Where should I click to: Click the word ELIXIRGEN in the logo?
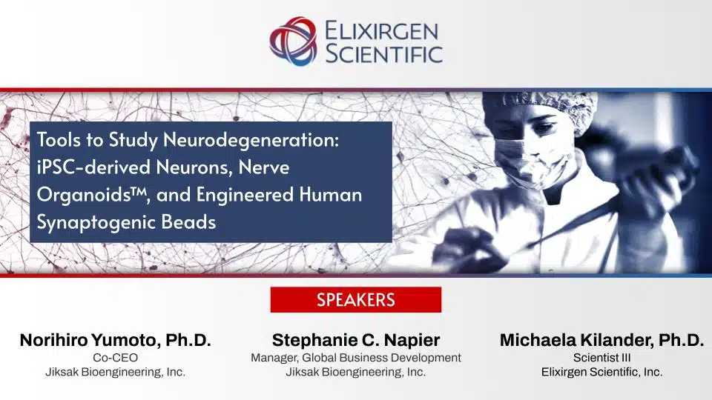382,30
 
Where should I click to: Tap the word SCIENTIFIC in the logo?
383,53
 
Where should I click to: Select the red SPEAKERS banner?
355,300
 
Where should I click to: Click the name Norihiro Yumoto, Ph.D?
115,341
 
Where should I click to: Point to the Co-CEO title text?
115,358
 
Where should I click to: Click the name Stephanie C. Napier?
356,341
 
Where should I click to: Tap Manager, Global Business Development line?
356,358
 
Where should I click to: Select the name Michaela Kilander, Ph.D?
601,341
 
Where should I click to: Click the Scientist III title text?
601,358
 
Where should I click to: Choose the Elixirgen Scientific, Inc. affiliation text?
601,372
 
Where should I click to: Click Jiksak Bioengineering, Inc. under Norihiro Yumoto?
115,372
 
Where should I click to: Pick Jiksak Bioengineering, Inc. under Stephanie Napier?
356,372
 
